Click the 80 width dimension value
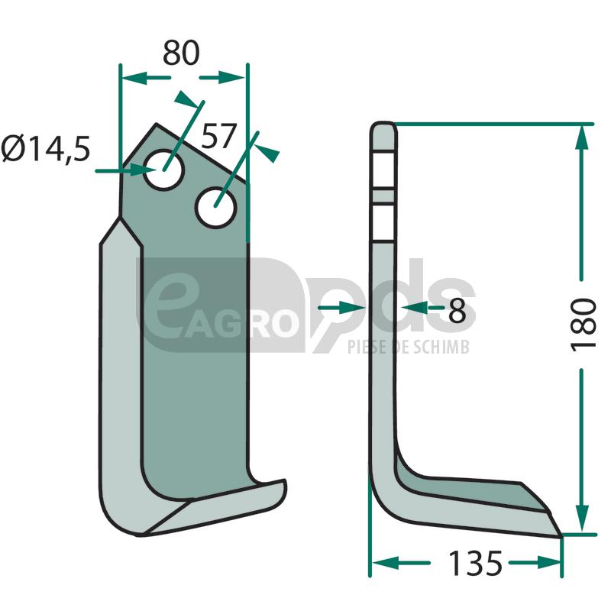coord(181,53)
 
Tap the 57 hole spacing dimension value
coord(219,136)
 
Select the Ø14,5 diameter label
coord(46,148)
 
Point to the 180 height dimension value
coord(584,325)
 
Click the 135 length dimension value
coord(475,563)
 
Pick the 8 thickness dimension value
coord(457,311)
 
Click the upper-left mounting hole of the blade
coord(163,170)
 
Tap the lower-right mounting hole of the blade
coord(215,208)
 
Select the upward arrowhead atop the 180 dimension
coord(582,137)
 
